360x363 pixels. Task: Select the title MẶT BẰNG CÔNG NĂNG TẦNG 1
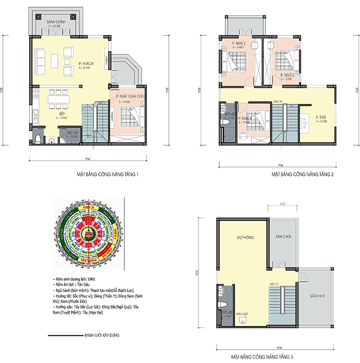point(108,174)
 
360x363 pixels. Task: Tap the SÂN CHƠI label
point(282,237)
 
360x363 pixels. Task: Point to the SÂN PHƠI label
point(317,295)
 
